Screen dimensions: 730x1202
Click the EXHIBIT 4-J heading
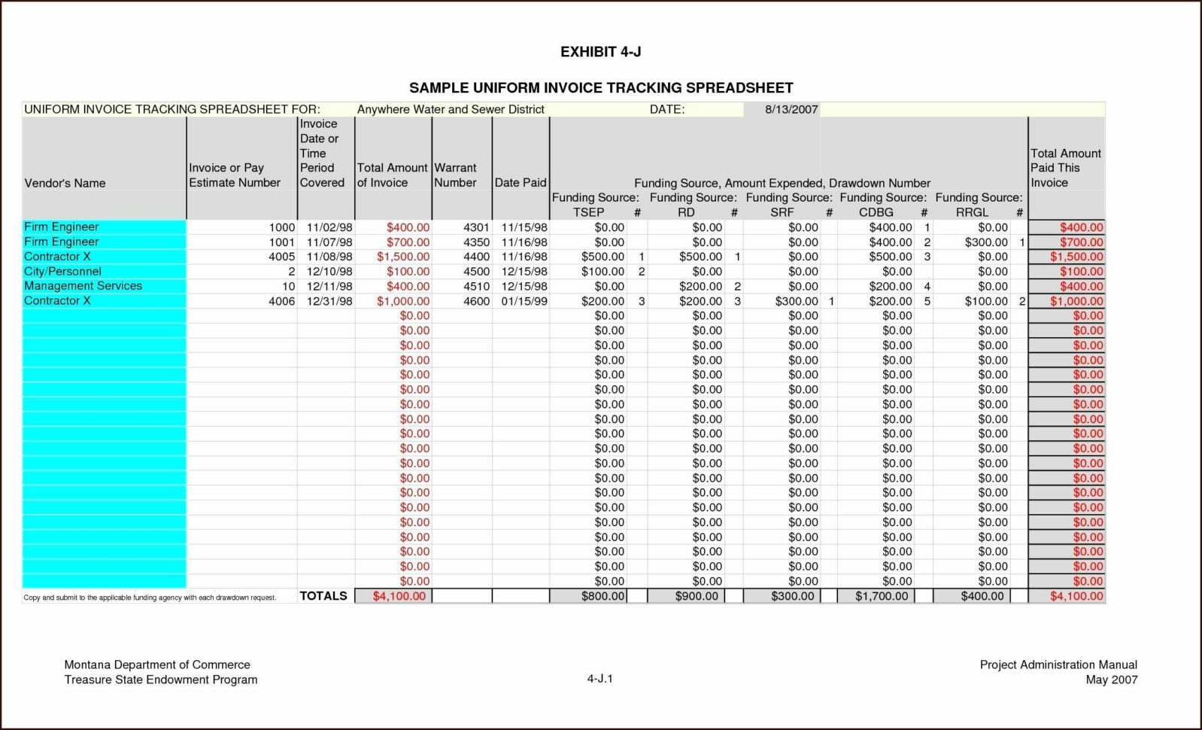600,52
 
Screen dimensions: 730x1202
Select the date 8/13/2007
791,109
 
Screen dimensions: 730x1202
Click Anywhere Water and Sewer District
450,109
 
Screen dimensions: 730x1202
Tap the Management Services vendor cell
83,286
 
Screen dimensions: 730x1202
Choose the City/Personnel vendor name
62,272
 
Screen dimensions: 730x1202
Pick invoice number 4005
281,257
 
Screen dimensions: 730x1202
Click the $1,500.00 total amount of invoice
403,257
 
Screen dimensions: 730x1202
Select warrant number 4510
476,287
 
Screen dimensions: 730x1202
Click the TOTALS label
323,596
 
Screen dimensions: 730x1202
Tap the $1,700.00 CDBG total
882,596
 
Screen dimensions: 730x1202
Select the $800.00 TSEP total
603,596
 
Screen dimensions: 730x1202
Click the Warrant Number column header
455,175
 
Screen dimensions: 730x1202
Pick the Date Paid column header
521,183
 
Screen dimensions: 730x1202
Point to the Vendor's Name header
65,183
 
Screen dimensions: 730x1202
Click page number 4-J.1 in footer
599,679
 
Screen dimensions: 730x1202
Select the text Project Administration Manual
1058,665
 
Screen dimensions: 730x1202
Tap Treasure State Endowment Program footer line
160,680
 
